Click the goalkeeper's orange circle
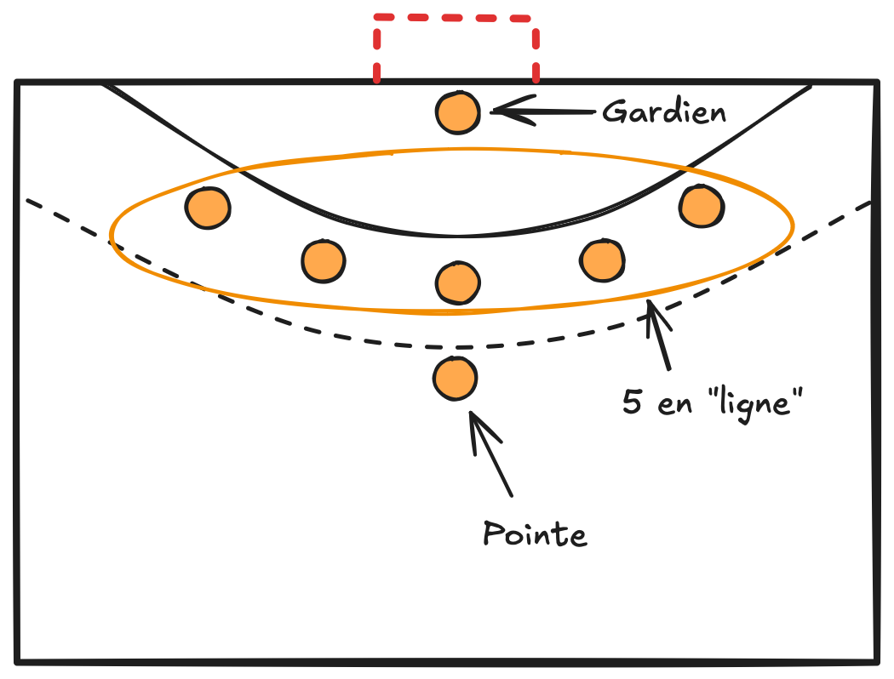458,111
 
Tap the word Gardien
664,111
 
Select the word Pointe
535,534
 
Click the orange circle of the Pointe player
455,379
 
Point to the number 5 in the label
632,402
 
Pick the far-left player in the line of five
208,207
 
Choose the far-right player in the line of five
702,205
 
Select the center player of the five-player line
457,282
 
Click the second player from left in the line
324,260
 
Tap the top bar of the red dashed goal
456,17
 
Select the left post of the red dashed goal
376,51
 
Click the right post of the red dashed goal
536,51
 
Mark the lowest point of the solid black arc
456,236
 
